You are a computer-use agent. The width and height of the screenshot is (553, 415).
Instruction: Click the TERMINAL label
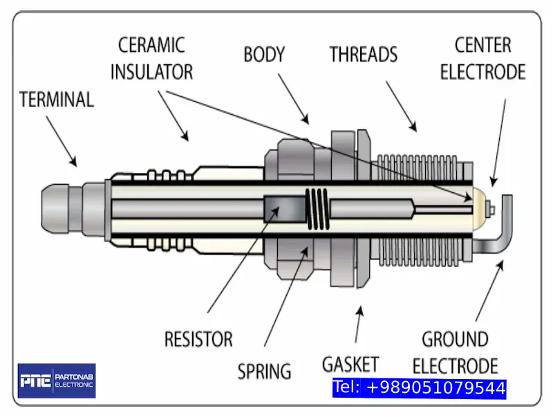click(x=57, y=99)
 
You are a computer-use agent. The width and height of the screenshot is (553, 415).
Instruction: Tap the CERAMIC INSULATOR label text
click(x=152, y=58)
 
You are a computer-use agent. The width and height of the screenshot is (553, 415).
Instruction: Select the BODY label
click(x=264, y=55)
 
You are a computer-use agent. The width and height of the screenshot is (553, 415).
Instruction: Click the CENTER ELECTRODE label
click(x=482, y=58)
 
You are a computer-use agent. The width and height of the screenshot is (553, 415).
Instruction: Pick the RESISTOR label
click(x=198, y=340)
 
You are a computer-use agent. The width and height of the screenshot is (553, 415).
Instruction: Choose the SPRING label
click(x=264, y=371)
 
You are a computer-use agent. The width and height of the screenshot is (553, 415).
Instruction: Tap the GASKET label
click(x=350, y=364)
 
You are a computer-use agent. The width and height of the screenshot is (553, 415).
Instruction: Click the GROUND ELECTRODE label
click(x=460, y=352)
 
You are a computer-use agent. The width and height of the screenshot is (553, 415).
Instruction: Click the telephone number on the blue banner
click(x=419, y=388)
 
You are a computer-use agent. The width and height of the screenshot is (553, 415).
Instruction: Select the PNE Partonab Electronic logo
click(x=57, y=380)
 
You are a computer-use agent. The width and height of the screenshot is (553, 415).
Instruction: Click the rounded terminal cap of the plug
click(x=59, y=208)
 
